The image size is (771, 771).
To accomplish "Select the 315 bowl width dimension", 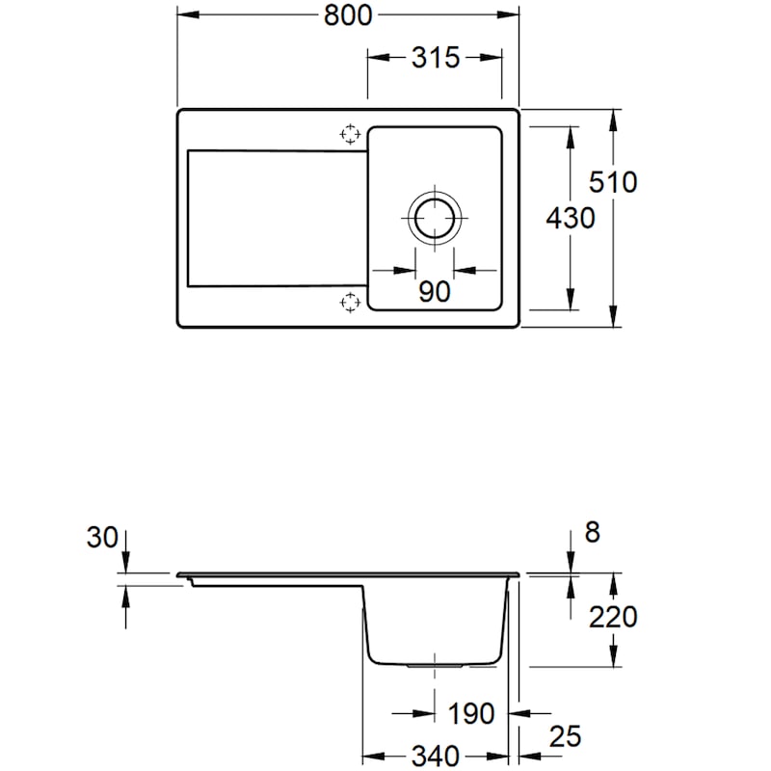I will click(435, 58).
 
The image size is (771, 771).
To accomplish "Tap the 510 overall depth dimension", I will click(615, 180).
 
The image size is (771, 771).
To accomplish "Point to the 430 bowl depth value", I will click(570, 219).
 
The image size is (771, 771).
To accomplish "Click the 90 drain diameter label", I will click(435, 291).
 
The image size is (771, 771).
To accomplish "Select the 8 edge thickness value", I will click(592, 533).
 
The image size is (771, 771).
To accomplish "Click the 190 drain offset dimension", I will click(471, 714).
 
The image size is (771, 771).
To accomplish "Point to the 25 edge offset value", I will click(566, 737).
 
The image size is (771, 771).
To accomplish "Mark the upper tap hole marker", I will click(349, 134).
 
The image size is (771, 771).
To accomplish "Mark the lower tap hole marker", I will click(349, 303).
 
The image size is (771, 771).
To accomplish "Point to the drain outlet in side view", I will click(436, 665).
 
